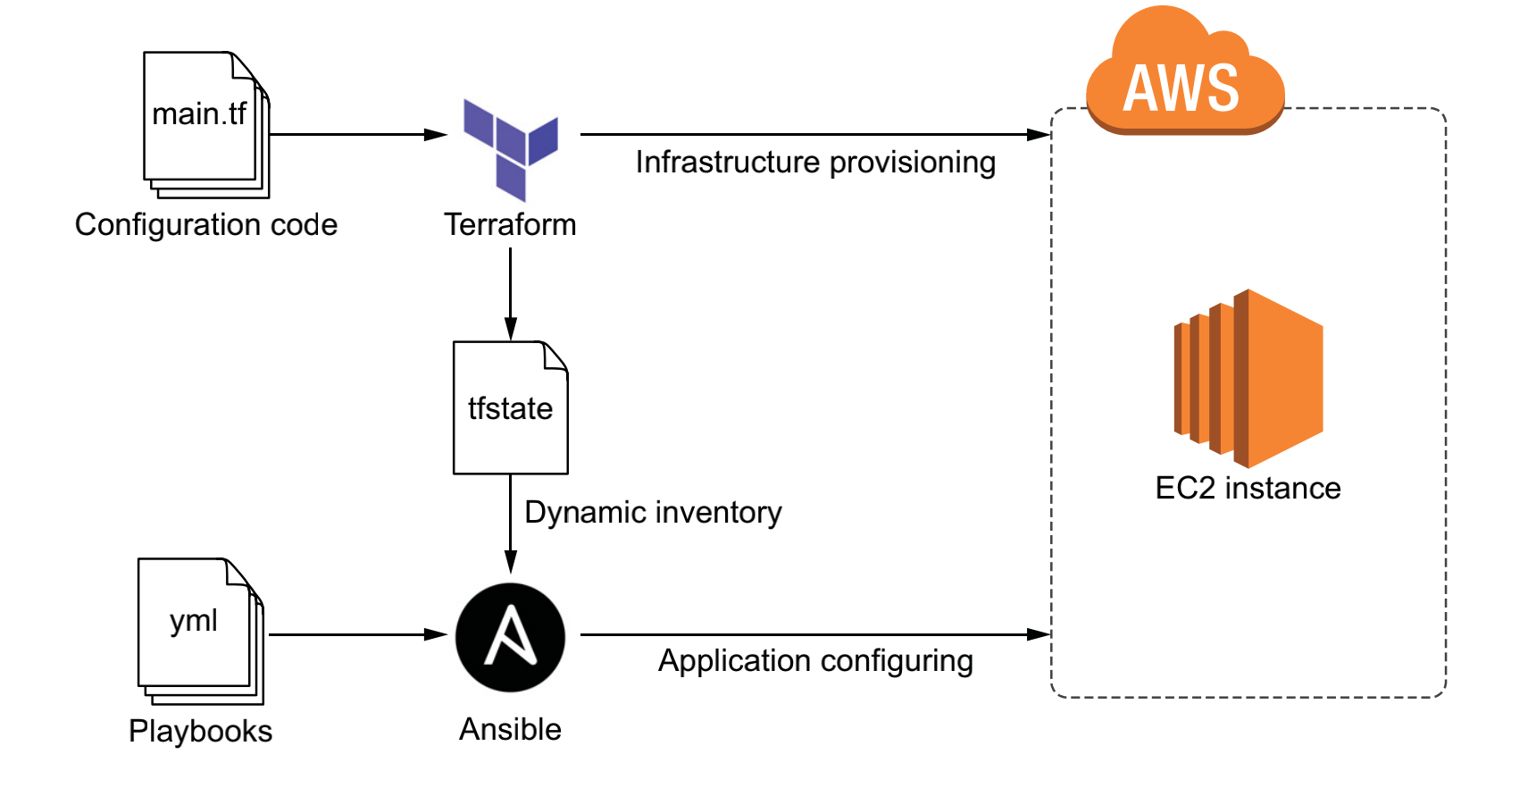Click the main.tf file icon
tap(205, 123)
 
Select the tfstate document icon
tap(511, 407)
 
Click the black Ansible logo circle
tap(511, 637)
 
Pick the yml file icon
tap(199, 629)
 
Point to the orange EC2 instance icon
tap(1249, 378)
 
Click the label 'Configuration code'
tap(206, 224)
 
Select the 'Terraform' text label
tap(510, 224)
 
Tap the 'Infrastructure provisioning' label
tap(815, 163)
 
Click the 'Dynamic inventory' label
tap(653, 513)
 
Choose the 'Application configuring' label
tap(815, 661)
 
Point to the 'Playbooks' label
tap(200, 731)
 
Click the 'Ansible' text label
tap(510, 729)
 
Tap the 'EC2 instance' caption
tap(1248, 488)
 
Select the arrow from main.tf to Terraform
tap(357, 135)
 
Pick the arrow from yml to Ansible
tap(357, 634)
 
